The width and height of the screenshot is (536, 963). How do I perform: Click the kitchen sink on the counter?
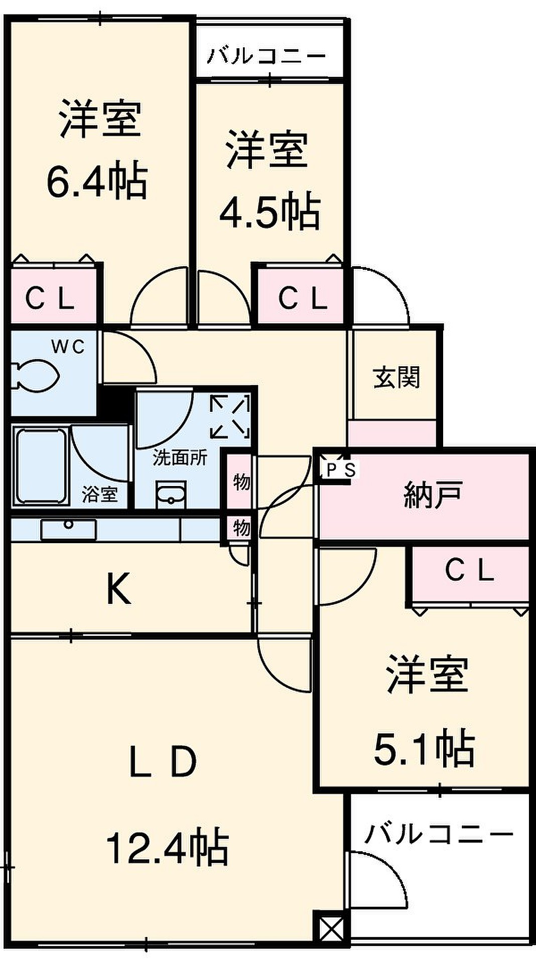tap(68, 529)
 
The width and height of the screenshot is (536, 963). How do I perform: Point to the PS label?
tap(341, 470)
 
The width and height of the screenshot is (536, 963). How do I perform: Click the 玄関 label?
tap(396, 377)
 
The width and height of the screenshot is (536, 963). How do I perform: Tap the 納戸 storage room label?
tap(433, 496)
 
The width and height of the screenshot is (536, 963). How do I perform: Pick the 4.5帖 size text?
tap(270, 211)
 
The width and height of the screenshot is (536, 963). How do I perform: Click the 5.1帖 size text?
tap(425, 749)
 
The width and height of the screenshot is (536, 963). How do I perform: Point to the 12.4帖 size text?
tap(167, 848)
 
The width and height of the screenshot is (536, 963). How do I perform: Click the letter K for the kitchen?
tap(118, 589)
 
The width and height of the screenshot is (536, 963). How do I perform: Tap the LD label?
tap(163, 762)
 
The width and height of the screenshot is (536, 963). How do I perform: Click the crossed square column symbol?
tap(331, 926)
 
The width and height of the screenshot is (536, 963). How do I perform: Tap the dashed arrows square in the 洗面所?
tap(229, 416)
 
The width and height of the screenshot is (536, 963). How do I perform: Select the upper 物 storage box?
tap(241, 482)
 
